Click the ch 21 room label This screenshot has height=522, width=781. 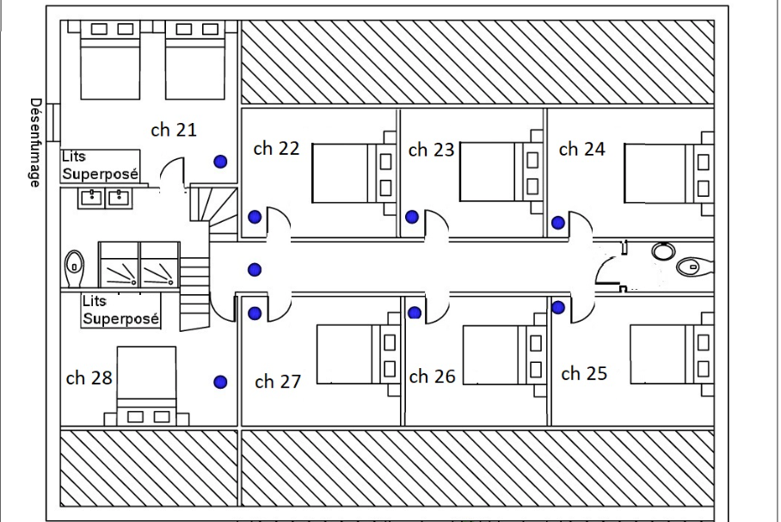click(174, 130)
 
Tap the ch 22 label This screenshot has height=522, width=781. click(276, 149)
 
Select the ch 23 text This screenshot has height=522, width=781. click(431, 150)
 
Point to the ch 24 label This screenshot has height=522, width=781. click(581, 149)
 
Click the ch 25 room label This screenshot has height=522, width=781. click(584, 373)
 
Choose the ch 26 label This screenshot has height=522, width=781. click(433, 377)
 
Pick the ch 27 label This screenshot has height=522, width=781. click(278, 382)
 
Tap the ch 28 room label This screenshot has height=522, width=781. click(89, 378)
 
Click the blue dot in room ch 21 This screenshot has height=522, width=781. click(221, 162)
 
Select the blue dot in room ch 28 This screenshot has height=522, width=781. click(221, 382)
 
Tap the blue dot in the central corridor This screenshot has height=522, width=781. click(255, 269)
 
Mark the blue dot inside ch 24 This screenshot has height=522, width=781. click(558, 223)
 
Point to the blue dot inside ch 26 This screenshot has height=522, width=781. click(415, 313)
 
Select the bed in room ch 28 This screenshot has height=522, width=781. click(146, 386)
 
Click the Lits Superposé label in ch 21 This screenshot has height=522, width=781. click(100, 165)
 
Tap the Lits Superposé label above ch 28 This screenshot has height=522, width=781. click(120, 310)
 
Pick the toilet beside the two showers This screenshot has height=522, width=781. click(74, 268)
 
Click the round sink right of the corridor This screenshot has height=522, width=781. click(663, 251)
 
